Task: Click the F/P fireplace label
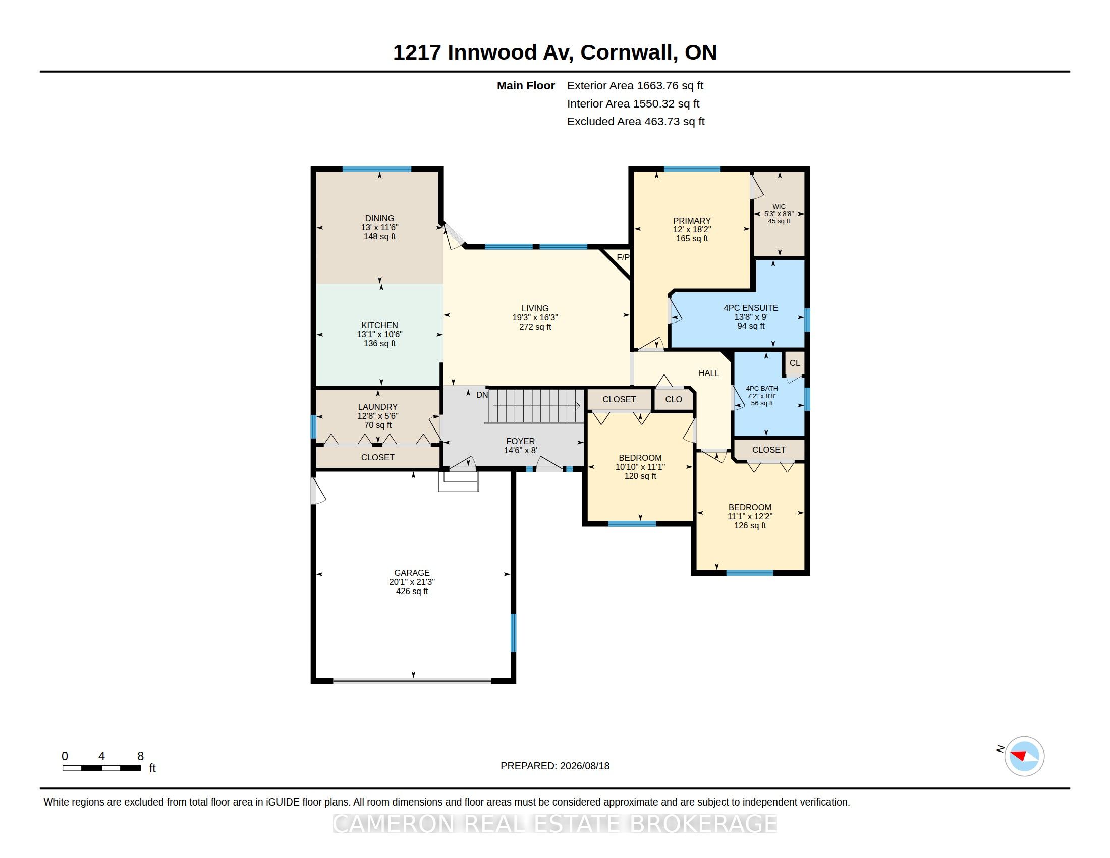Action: [x=623, y=258]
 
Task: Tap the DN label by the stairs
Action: [x=482, y=395]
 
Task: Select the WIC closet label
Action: [x=779, y=207]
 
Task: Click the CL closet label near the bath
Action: [x=794, y=363]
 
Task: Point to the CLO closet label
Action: [x=674, y=400]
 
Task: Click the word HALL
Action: [x=708, y=373]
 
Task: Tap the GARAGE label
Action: [x=412, y=573]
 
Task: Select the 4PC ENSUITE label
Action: [x=751, y=308]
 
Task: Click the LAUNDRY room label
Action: [x=377, y=407]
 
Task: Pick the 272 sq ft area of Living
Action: [x=535, y=327]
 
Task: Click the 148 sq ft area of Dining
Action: [x=379, y=236]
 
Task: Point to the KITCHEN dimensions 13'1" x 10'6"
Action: [x=379, y=335]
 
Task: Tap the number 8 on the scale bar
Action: [x=141, y=756]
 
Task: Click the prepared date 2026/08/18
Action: [x=584, y=766]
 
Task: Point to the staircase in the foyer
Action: [x=536, y=406]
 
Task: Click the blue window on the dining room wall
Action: [x=376, y=169]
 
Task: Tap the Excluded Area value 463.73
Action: [x=662, y=122]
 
